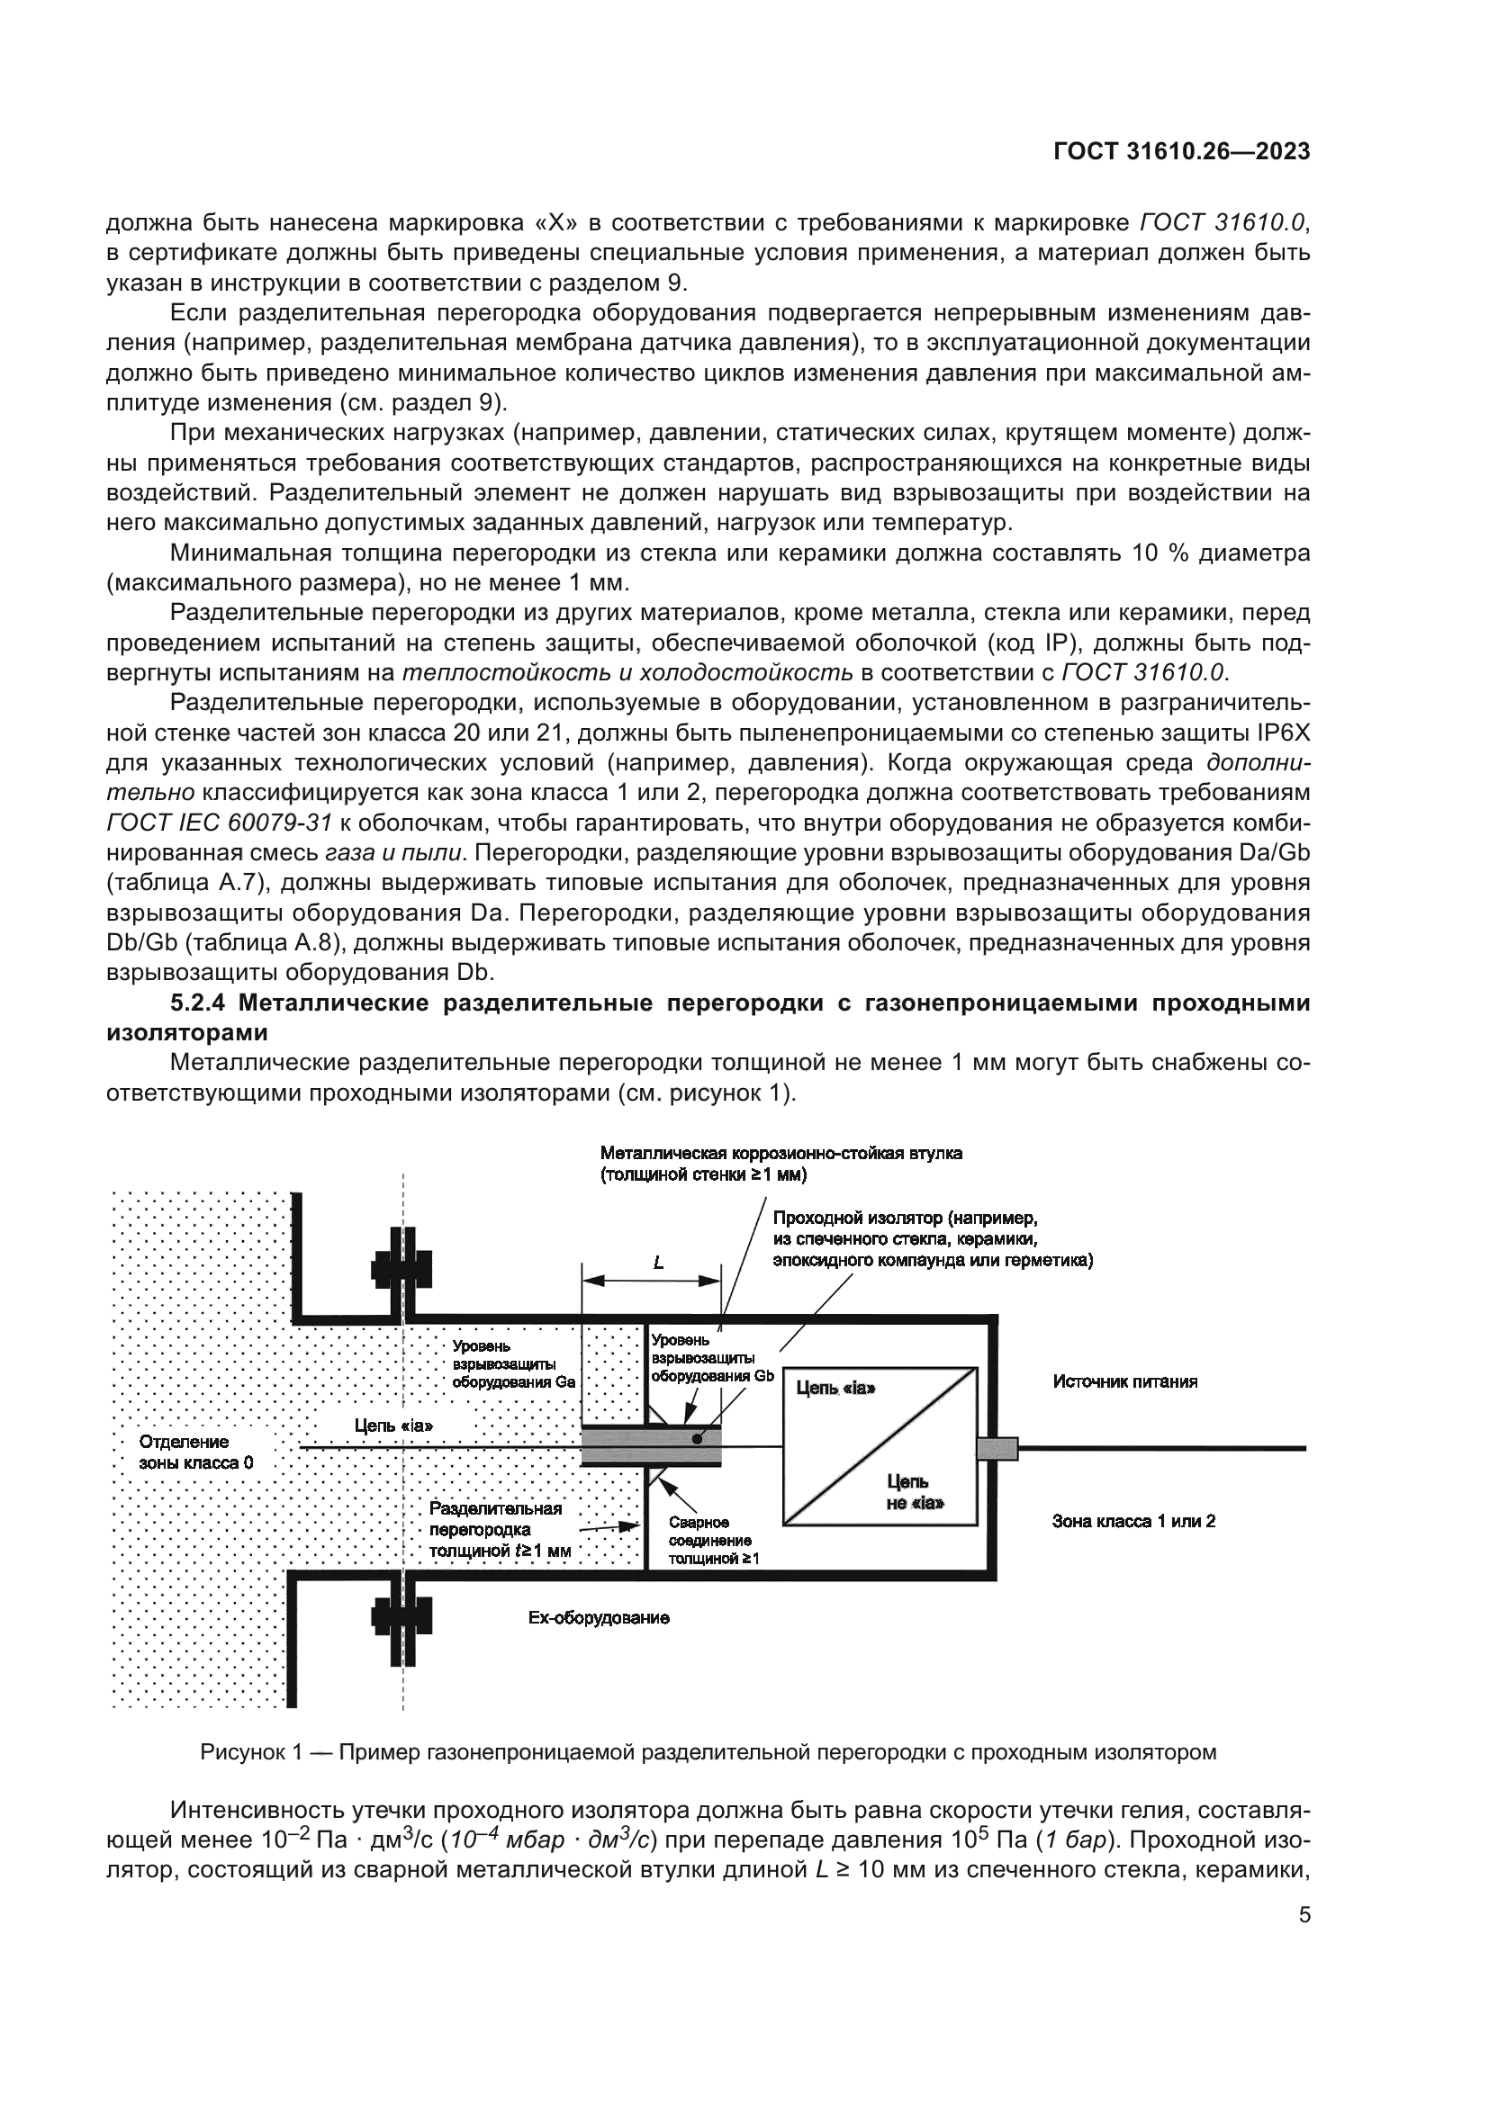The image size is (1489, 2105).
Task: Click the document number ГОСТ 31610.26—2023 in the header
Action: [1182, 151]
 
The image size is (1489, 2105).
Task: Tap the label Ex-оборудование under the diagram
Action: [599, 1618]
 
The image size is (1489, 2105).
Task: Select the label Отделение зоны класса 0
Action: [196, 1453]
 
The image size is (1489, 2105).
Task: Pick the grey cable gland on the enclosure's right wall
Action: [997, 1449]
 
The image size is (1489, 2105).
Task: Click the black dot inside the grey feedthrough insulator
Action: [697, 1439]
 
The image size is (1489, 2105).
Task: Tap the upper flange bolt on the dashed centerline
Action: [402, 1271]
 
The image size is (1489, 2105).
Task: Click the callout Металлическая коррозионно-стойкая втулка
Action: [781, 1154]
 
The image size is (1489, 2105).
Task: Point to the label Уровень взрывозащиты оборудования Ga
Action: [513, 1364]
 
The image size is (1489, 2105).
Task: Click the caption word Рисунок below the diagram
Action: [243, 1752]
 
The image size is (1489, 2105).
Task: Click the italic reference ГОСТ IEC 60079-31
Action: [218, 823]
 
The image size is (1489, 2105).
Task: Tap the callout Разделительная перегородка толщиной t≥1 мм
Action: [500, 1529]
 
